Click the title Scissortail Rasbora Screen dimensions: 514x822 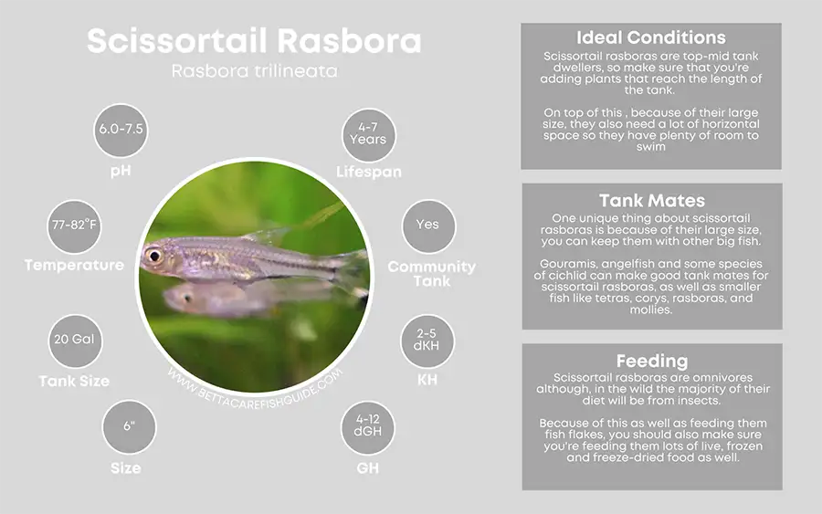click(x=255, y=41)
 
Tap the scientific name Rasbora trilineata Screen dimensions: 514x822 click(x=255, y=71)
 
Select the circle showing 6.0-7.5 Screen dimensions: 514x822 click(x=121, y=129)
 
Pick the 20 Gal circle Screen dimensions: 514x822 click(x=74, y=339)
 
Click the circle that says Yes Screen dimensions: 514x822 click(x=427, y=225)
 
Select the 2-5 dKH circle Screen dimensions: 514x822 click(x=427, y=340)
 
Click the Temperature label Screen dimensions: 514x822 click(x=74, y=266)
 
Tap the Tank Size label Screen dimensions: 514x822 click(x=74, y=381)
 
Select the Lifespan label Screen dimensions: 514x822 click(x=368, y=172)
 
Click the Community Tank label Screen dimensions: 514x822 click(x=431, y=274)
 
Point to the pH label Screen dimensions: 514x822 click(x=121, y=170)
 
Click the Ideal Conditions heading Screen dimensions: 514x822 click(x=651, y=38)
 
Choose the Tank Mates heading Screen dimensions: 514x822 click(x=651, y=200)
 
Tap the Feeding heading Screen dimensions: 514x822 click(x=651, y=361)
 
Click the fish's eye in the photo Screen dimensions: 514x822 click(x=153, y=257)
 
